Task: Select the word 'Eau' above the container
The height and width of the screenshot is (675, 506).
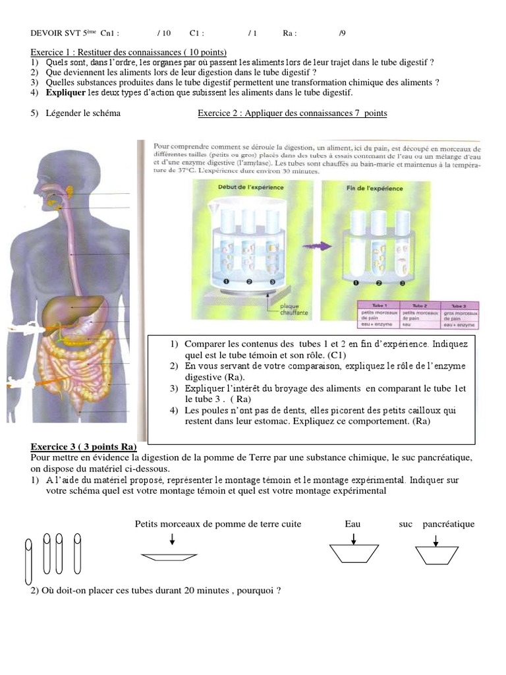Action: (x=352, y=524)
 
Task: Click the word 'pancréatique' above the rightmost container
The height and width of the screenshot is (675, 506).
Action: (x=449, y=524)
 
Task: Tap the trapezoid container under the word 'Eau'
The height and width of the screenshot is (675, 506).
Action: (x=354, y=554)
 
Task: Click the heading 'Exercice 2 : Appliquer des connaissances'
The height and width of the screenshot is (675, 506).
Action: (x=293, y=113)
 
